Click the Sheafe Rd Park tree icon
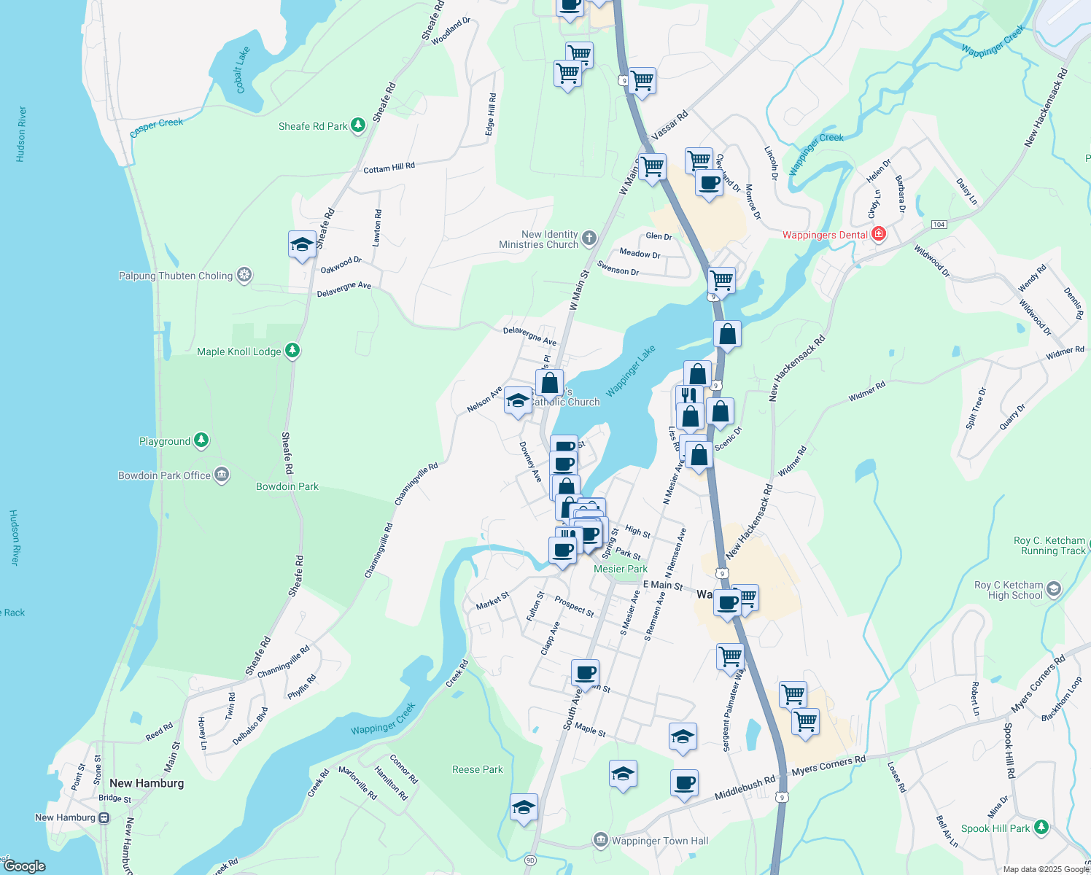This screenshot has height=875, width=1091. tap(357, 125)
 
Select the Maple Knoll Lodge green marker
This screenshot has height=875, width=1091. tap(292, 351)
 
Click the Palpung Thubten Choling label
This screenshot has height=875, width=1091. tap(176, 276)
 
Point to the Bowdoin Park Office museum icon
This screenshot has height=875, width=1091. tap(222, 475)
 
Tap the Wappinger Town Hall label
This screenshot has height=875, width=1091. tap(659, 841)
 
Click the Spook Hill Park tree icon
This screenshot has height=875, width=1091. tap(1041, 828)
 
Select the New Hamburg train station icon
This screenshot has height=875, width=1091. tap(104, 817)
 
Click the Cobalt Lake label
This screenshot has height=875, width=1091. tap(242, 70)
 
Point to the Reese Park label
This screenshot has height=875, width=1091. tap(477, 769)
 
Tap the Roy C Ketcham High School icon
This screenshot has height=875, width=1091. tap(1053, 588)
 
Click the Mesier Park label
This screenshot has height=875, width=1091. tap(620, 569)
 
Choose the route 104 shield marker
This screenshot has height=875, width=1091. tap(939, 225)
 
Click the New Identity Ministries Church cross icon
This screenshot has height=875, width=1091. tap(589, 238)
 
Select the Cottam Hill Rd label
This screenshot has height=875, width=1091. tap(389, 168)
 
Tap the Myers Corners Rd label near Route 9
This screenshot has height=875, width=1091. tap(828, 766)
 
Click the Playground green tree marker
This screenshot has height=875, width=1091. tap(201, 440)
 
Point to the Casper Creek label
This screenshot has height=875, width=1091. tap(156, 128)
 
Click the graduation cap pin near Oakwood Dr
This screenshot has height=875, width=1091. tap(302, 245)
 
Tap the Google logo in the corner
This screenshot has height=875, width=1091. tap(24, 866)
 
